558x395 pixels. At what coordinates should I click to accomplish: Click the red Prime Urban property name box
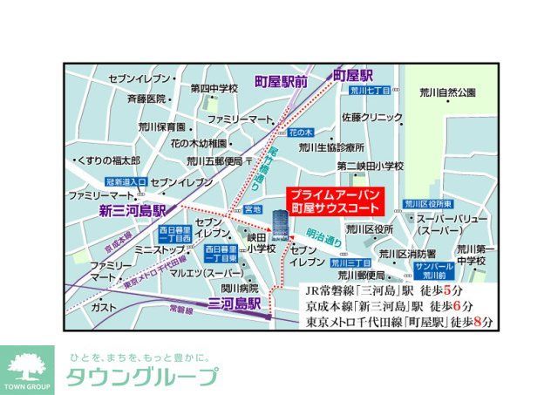(335, 202)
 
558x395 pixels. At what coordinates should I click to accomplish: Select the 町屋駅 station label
(354, 75)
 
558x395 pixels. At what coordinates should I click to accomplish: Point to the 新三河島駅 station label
(132, 211)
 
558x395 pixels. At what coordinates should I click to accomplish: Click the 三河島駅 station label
(235, 303)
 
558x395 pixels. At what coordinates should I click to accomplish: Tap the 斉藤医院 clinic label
(146, 99)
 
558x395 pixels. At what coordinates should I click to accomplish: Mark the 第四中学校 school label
(214, 88)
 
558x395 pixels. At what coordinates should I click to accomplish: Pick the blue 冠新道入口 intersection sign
(126, 181)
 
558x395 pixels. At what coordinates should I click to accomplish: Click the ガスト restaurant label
(104, 308)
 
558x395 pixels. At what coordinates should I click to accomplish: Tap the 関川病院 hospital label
(239, 288)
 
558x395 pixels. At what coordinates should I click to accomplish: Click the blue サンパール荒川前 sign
(434, 268)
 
